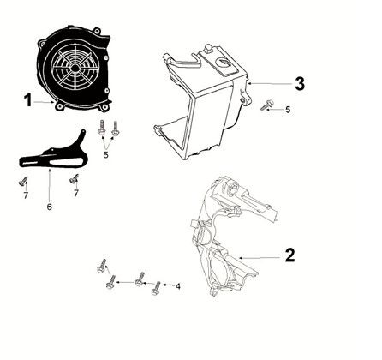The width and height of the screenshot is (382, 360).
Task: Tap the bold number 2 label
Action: point(289,255)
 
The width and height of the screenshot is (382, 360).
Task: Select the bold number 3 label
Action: point(299,84)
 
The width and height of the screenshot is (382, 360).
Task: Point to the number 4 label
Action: point(178,285)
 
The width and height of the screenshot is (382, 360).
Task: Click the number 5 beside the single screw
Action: point(288,110)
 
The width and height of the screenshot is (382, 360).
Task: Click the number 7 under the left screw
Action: point(26,196)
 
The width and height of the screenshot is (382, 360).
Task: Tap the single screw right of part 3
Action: point(267,106)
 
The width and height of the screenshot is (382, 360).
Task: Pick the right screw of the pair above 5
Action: point(115,131)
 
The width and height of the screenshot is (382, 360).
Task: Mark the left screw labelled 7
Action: point(22,182)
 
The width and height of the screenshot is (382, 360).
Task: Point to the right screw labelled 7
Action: point(75,178)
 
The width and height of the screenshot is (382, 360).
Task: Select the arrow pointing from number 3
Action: point(270,84)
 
